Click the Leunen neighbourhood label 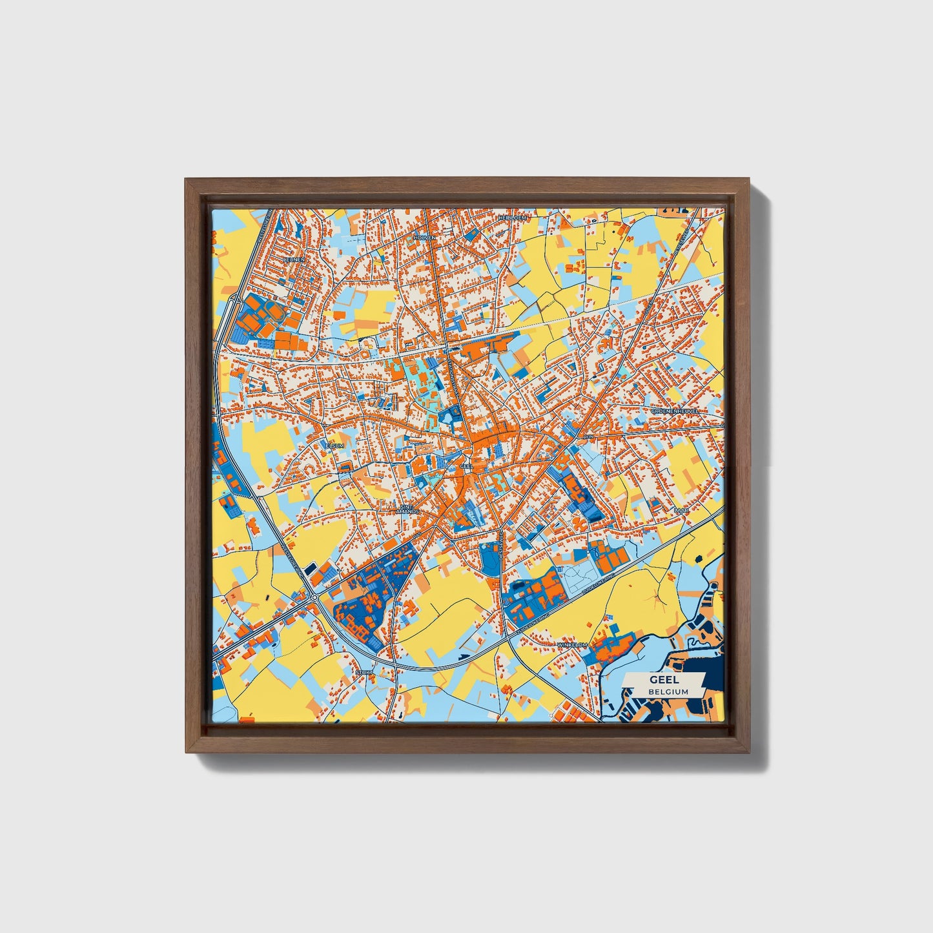(x=295, y=259)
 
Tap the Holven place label (x=425, y=238)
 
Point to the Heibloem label (x=513, y=218)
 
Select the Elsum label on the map (x=334, y=446)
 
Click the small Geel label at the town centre (x=466, y=465)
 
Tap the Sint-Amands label (x=407, y=509)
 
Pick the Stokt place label (x=363, y=673)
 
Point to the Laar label (x=681, y=510)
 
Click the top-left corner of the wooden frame (x=187, y=180)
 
